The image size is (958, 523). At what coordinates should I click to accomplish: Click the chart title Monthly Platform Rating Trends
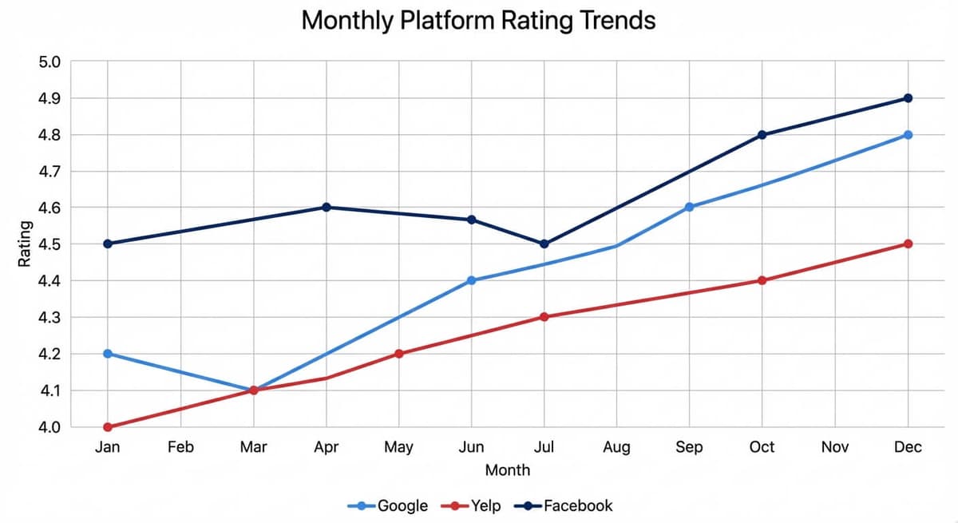478,20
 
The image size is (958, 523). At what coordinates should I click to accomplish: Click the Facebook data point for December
908,98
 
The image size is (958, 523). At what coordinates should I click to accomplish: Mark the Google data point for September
689,207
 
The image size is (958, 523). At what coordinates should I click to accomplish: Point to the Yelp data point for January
108,427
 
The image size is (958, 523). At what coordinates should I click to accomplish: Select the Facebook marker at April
326,207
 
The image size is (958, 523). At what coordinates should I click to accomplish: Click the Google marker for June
471,280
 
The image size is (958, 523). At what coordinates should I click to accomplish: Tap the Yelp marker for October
762,280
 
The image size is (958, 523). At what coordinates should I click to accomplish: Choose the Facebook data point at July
544,244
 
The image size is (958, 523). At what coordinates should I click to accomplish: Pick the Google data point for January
108,354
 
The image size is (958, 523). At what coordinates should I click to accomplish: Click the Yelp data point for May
398,354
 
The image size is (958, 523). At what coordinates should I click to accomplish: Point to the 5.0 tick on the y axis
49,62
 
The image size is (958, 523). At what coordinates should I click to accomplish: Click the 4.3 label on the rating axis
49,318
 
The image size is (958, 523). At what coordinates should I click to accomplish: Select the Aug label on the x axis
616,447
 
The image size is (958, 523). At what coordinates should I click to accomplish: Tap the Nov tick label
834,447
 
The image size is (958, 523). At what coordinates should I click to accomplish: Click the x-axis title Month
507,470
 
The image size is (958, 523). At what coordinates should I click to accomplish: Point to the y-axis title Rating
26,244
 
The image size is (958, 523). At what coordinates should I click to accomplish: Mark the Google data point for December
908,135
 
